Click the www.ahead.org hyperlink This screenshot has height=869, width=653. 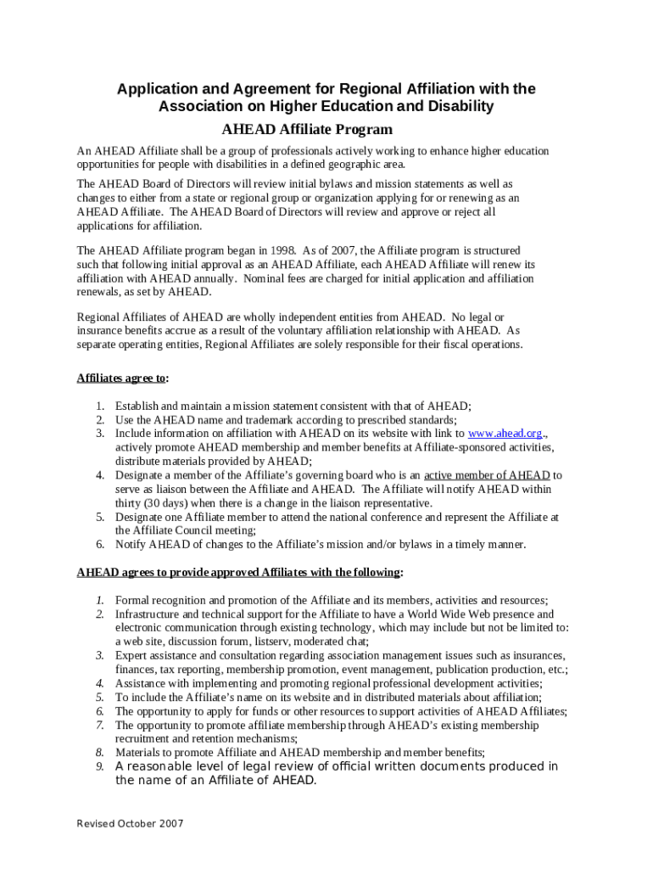coord(505,433)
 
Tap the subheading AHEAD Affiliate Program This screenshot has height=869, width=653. coord(307,130)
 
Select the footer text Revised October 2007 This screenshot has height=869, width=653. coord(130,824)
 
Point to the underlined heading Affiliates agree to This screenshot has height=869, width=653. coord(122,378)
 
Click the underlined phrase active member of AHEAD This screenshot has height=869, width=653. coord(487,475)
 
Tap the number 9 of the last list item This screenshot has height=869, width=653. coord(99,766)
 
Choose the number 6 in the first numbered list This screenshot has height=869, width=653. coord(99,544)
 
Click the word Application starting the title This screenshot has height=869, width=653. coord(151,89)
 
